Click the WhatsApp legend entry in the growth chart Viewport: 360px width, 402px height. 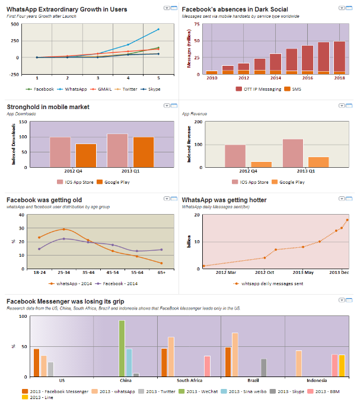click(75, 89)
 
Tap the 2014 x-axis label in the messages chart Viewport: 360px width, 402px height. click(275, 78)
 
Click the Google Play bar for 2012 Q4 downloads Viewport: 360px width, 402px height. click(85, 157)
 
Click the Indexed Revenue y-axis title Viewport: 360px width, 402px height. click(189, 145)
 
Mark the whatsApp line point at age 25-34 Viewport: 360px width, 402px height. click(64, 229)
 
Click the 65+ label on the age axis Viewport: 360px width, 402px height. click(161, 272)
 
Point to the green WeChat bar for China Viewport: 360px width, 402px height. click(122, 349)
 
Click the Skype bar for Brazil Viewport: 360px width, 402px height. click(264, 368)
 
